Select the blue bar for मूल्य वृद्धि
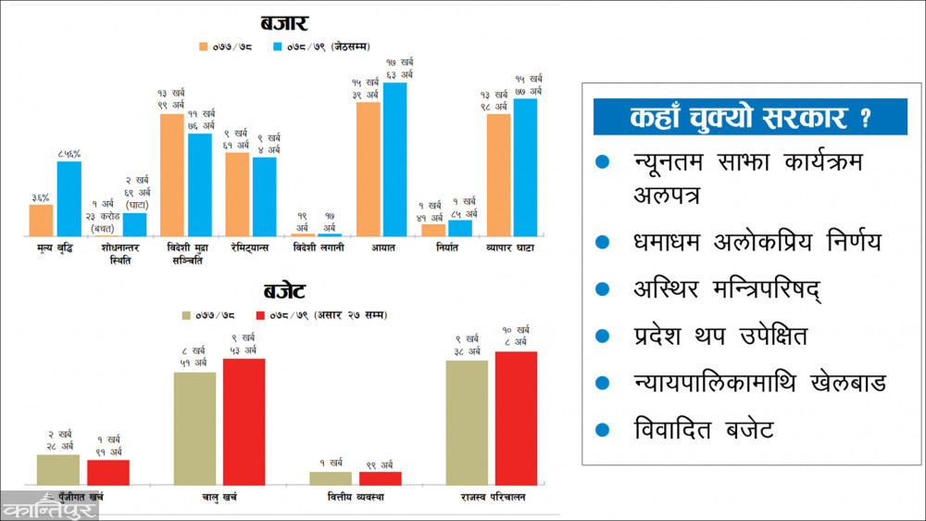point(69,198)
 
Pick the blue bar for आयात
point(394,159)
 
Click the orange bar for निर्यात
point(433,230)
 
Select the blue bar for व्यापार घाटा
point(525,167)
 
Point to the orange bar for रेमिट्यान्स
point(237,194)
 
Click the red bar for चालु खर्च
point(244,421)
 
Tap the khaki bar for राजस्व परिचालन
point(467,422)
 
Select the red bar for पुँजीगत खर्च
point(108,472)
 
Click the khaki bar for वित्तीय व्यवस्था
point(331,477)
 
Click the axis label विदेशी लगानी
point(317,248)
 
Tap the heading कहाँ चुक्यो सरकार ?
point(750,118)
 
